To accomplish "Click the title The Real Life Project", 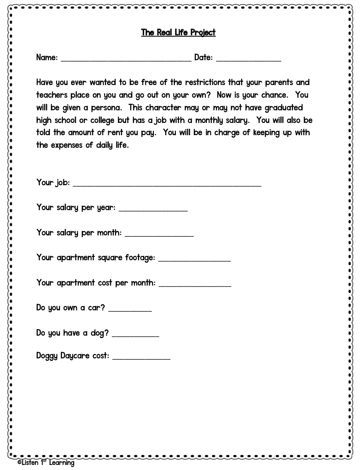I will (x=178, y=32).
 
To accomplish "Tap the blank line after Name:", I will (x=126, y=60).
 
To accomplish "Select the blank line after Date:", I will (x=248, y=60).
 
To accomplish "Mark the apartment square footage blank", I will (x=194, y=260).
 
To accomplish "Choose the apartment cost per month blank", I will (x=195, y=285).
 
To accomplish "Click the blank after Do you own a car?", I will (x=130, y=310).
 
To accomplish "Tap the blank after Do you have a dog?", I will (x=135, y=335).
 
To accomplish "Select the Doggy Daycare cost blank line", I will (x=141, y=358).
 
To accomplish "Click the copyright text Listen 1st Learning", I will (x=46, y=463).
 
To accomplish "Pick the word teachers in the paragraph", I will (x=52, y=95).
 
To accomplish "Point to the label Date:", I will (x=203, y=57).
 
